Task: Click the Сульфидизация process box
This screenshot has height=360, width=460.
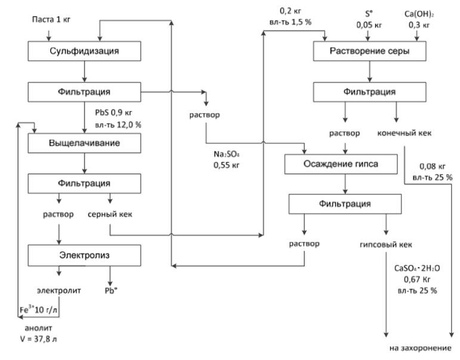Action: pyautogui.click(x=84, y=51)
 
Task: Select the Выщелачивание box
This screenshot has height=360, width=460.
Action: pyautogui.click(x=84, y=143)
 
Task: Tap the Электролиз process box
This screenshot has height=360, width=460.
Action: pyautogui.click(x=84, y=256)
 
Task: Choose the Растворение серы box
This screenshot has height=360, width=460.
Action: pyautogui.click(x=369, y=52)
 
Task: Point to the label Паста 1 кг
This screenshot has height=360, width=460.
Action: pyautogui.click(x=50, y=20)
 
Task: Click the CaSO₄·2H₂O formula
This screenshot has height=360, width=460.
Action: pyautogui.click(x=415, y=269)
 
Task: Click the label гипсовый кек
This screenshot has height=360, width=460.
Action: pyautogui.click(x=385, y=244)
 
